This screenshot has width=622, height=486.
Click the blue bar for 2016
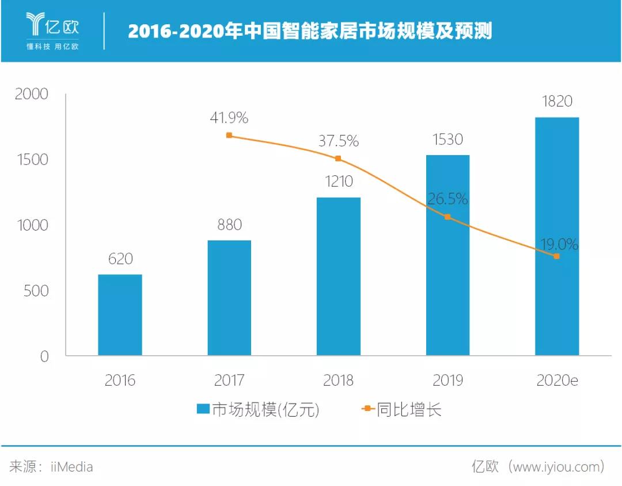tap(120, 315)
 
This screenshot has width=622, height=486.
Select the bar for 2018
tap(339, 277)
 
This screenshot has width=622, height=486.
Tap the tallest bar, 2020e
tap(557, 236)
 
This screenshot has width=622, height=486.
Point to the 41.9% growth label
tap(229, 118)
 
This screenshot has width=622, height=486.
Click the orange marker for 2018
tap(338, 159)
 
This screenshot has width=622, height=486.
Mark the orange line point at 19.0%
tap(556, 256)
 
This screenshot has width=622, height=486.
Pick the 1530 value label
tap(447, 140)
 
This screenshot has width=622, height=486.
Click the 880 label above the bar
tap(229, 224)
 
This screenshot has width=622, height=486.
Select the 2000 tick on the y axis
tap(32, 94)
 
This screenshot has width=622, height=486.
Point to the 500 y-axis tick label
tap(36, 291)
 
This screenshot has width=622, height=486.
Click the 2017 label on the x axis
tap(229, 380)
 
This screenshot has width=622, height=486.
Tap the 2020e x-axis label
tap(557, 380)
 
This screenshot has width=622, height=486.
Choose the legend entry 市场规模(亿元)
tap(257, 410)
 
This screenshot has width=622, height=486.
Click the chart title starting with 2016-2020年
tap(310, 31)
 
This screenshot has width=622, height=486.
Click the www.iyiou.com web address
tap(555, 466)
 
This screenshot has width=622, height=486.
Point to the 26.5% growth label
tap(447, 199)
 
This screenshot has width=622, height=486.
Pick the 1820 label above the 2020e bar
tap(557, 101)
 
